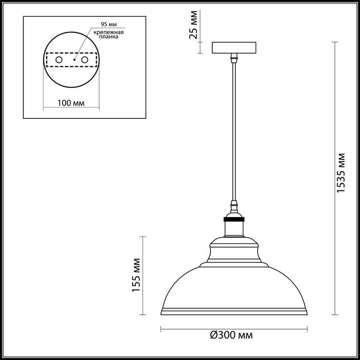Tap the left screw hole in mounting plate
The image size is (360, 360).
[59, 60]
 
